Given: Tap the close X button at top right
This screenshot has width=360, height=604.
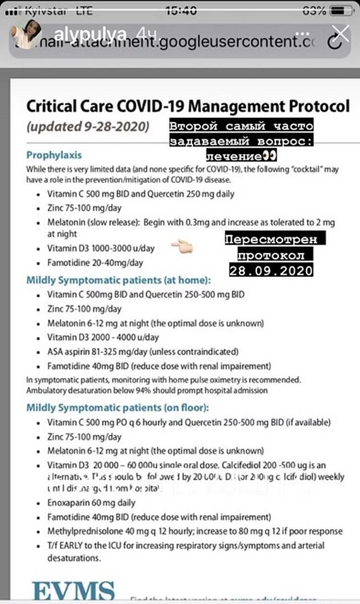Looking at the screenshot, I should point(341,34).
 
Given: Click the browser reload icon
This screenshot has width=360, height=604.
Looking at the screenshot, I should point(335,43).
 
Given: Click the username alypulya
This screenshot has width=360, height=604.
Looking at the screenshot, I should point(89,34).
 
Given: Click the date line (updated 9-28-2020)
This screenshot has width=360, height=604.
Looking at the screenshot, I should point(88,126).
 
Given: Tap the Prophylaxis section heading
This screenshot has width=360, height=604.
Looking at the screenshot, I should point(54,155).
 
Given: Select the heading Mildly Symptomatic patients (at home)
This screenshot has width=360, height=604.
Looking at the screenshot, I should point(118,280).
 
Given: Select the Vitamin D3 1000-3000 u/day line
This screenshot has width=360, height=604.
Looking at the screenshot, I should point(101,248).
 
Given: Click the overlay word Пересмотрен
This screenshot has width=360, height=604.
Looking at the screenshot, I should point(275,239).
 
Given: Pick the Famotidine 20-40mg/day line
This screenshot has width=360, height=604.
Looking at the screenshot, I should point(95,263).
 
